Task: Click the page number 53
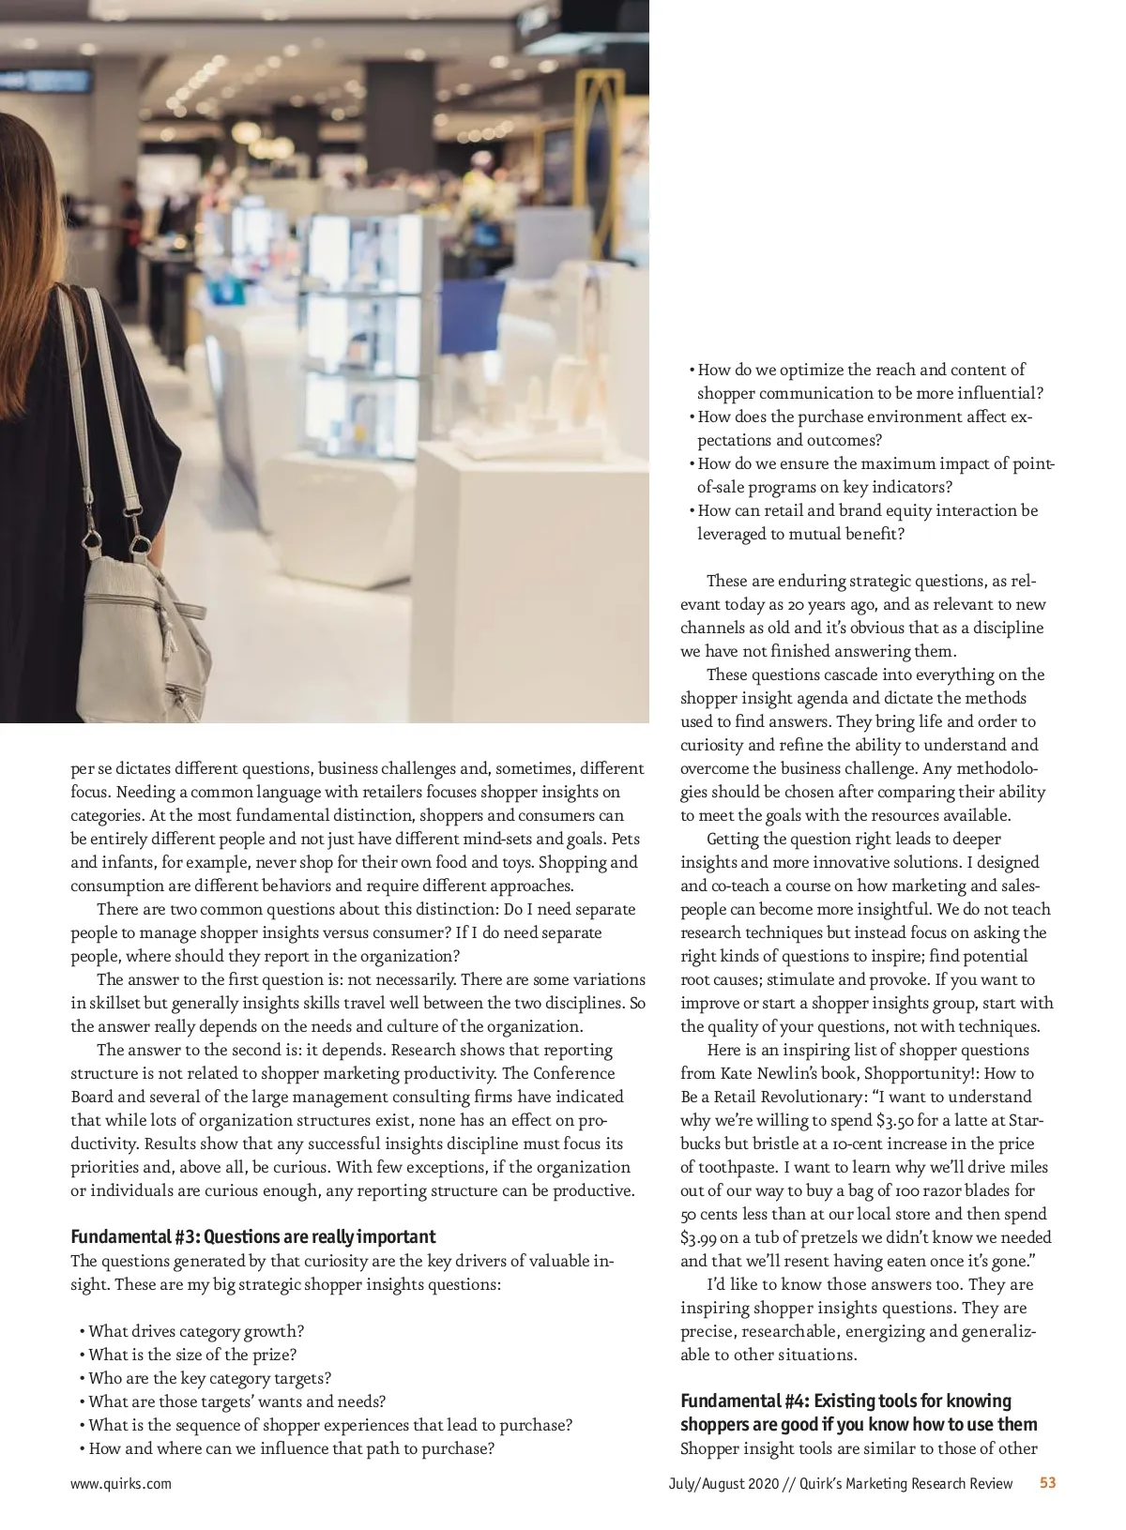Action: tap(1047, 1483)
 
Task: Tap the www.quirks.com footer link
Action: tap(121, 1483)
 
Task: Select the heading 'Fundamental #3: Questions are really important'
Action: tap(253, 1236)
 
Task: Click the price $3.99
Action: tap(698, 1237)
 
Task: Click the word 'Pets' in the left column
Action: tap(625, 839)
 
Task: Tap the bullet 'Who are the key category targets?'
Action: tap(209, 1378)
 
